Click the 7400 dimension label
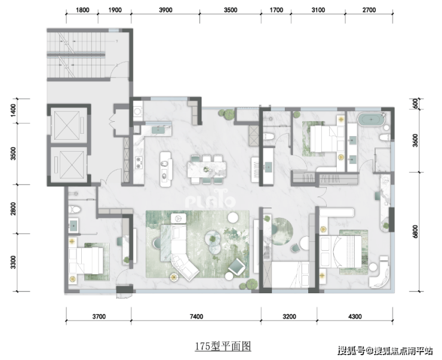tap(196, 316)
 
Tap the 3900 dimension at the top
tap(165, 10)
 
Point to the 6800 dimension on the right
tap(415, 231)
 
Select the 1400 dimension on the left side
tap(13, 111)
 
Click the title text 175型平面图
tap(223, 346)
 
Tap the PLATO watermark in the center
tap(210, 200)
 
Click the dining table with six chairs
tap(207, 170)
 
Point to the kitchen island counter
tap(166, 170)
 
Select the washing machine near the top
tap(138, 111)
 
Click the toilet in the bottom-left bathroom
tap(74, 210)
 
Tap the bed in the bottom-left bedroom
tap(86, 260)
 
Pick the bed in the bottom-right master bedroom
tap(340, 251)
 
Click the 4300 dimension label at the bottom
tap(355, 316)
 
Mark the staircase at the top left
tap(76, 54)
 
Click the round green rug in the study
tap(282, 231)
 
